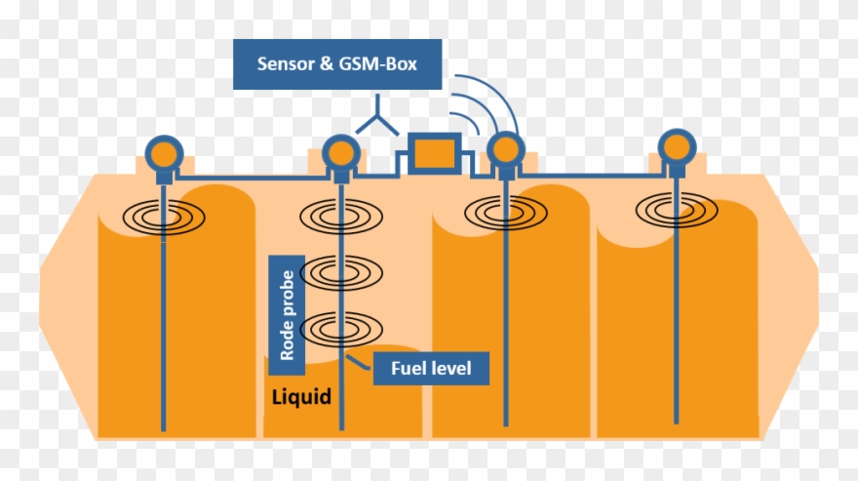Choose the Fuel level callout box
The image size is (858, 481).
pyautogui.click(x=430, y=368)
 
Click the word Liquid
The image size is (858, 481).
pyautogui.click(x=301, y=398)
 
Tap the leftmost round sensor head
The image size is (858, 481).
pyautogui.click(x=164, y=153)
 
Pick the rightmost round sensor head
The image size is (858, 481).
pyautogui.click(x=677, y=147)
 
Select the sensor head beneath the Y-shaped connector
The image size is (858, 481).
pyautogui.click(x=341, y=153)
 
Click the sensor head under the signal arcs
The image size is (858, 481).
pyautogui.click(x=505, y=150)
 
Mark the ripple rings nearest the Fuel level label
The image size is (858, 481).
pyautogui.click(x=341, y=330)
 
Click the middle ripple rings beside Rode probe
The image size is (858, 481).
pyautogui.click(x=341, y=270)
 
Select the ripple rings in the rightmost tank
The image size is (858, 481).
pyautogui.click(x=676, y=208)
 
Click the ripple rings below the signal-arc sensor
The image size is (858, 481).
pyautogui.click(x=505, y=210)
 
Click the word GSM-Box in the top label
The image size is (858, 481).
pyautogui.click(x=383, y=65)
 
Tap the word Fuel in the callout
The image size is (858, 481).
pyautogui.click(x=409, y=368)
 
